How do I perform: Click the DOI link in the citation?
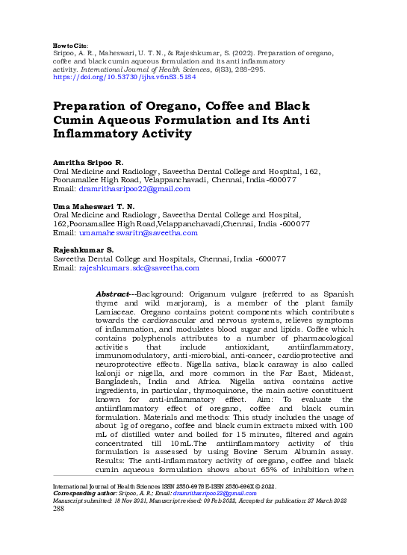(x=125, y=76)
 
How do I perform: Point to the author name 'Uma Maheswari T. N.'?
(x=93, y=205)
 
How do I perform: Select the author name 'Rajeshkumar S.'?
(x=83, y=249)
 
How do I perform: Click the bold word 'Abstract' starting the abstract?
(x=113, y=295)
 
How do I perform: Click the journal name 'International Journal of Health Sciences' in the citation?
(x=150, y=69)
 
